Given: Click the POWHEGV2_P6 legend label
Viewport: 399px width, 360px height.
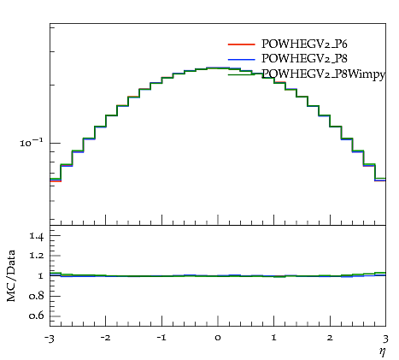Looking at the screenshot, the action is point(304,44).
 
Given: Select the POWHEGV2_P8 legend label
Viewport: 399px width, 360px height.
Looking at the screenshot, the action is point(304,58).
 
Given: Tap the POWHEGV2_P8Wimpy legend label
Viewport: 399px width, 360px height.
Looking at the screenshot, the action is point(324,74).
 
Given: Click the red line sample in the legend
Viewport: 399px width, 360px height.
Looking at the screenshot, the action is point(241,44).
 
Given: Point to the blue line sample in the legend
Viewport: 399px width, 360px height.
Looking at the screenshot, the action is point(241,59).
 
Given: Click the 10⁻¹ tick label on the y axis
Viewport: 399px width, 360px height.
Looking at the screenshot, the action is point(32,142).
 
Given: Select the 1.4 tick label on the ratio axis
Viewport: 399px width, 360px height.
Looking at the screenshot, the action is point(37,236).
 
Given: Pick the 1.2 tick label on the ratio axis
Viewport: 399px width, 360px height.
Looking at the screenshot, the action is point(37,256).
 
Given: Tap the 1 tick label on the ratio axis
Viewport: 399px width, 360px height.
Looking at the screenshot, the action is point(40,275).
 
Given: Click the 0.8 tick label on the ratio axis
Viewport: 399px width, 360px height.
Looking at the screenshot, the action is point(36,296).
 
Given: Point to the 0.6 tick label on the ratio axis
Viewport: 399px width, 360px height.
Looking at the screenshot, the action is point(36,316).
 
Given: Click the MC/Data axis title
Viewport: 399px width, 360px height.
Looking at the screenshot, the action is point(11,276).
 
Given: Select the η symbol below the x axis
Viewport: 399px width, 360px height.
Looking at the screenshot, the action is point(383,352).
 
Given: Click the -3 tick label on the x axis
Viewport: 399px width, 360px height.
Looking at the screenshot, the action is point(50,339).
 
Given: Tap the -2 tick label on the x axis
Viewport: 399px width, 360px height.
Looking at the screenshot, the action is point(105,338).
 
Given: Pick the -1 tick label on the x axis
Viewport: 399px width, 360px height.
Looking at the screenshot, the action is point(161,338).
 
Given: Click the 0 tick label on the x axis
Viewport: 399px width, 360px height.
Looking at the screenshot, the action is point(218,338).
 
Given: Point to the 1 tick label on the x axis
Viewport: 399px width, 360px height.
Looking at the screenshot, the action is point(274,338).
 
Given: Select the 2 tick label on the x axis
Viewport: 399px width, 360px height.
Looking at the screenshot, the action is point(330,338).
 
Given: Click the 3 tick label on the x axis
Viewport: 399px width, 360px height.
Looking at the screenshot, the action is point(385,339).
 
